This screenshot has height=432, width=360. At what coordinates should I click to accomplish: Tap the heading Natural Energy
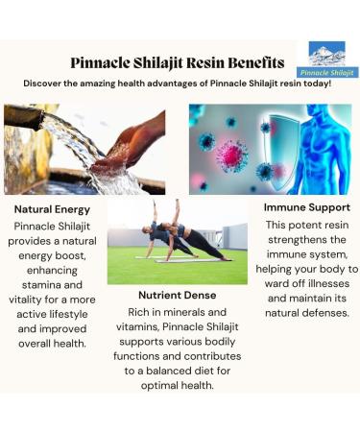(x=53, y=207)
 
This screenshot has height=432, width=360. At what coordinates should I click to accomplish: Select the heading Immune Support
(x=306, y=205)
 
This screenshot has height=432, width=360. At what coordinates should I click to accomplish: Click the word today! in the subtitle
(x=314, y=84)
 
